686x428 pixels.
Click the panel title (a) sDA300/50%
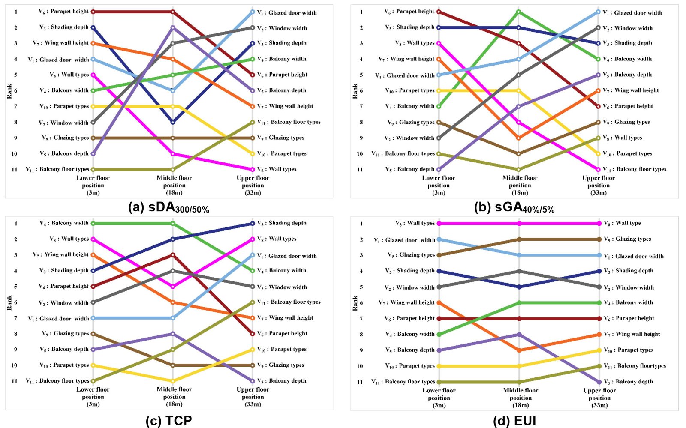[x=168, y=207]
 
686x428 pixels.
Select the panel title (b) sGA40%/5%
[x=514, y=207]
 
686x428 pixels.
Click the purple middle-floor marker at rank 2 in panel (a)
[x=173, y=27]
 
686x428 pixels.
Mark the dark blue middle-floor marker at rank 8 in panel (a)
[x=173, y=122]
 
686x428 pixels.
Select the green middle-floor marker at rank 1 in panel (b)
[x=518, y=12]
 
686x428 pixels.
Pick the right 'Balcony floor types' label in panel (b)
[x=635, y=169]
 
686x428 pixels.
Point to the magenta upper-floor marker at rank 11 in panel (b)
[x=598, y=169]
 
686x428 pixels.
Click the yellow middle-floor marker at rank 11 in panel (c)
[x=173, y=381]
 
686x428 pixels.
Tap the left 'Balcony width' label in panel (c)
[x=64, y=223]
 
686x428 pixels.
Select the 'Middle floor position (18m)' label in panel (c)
[x=174, y=396]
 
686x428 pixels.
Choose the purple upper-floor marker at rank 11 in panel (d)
[x=599, y=382]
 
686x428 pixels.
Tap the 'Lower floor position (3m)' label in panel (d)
[x=439, y=398]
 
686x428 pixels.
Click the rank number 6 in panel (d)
[x=361, y=303]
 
